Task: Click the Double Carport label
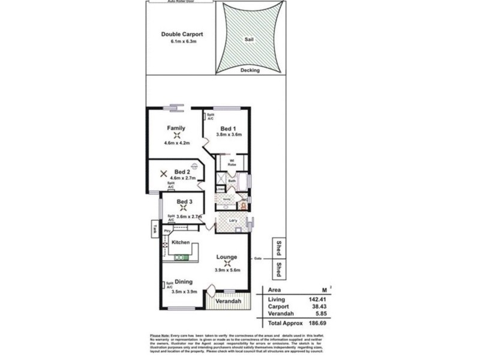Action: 182,34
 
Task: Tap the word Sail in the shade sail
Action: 248,39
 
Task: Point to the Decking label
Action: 250,70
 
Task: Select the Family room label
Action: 176,128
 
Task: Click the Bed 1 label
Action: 228,129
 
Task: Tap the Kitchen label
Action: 181,242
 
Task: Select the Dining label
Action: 184,281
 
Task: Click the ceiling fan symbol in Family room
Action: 176,136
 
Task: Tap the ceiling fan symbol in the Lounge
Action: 227,263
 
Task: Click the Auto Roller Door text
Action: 181,2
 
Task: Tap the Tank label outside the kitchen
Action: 154,228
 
